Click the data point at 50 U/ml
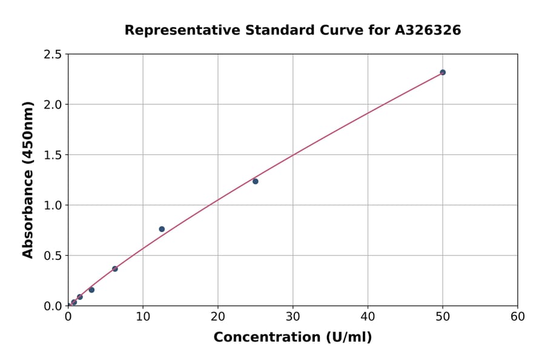[x=443, y=72]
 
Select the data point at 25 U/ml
[x=256, y=181]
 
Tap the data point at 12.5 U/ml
[x=162, y=229]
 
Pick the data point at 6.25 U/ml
[x=115, y=268]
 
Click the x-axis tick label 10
[x=143, y=316]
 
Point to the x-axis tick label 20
[x=218, y=316]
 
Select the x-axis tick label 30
[x=293, y=316]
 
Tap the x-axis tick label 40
[x=368, y=316]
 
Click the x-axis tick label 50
[x=443, y=316]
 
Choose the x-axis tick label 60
[x=518, y=316]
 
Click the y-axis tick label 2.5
[x=53, y=55]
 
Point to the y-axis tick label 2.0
[x=53, y=105]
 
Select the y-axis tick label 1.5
[x=53, y=155]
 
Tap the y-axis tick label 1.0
[x=53, y=205]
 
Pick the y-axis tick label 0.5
[x=53, y=256]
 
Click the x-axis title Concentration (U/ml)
[x=292, y=338]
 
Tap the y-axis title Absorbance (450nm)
[x=28, y=180]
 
